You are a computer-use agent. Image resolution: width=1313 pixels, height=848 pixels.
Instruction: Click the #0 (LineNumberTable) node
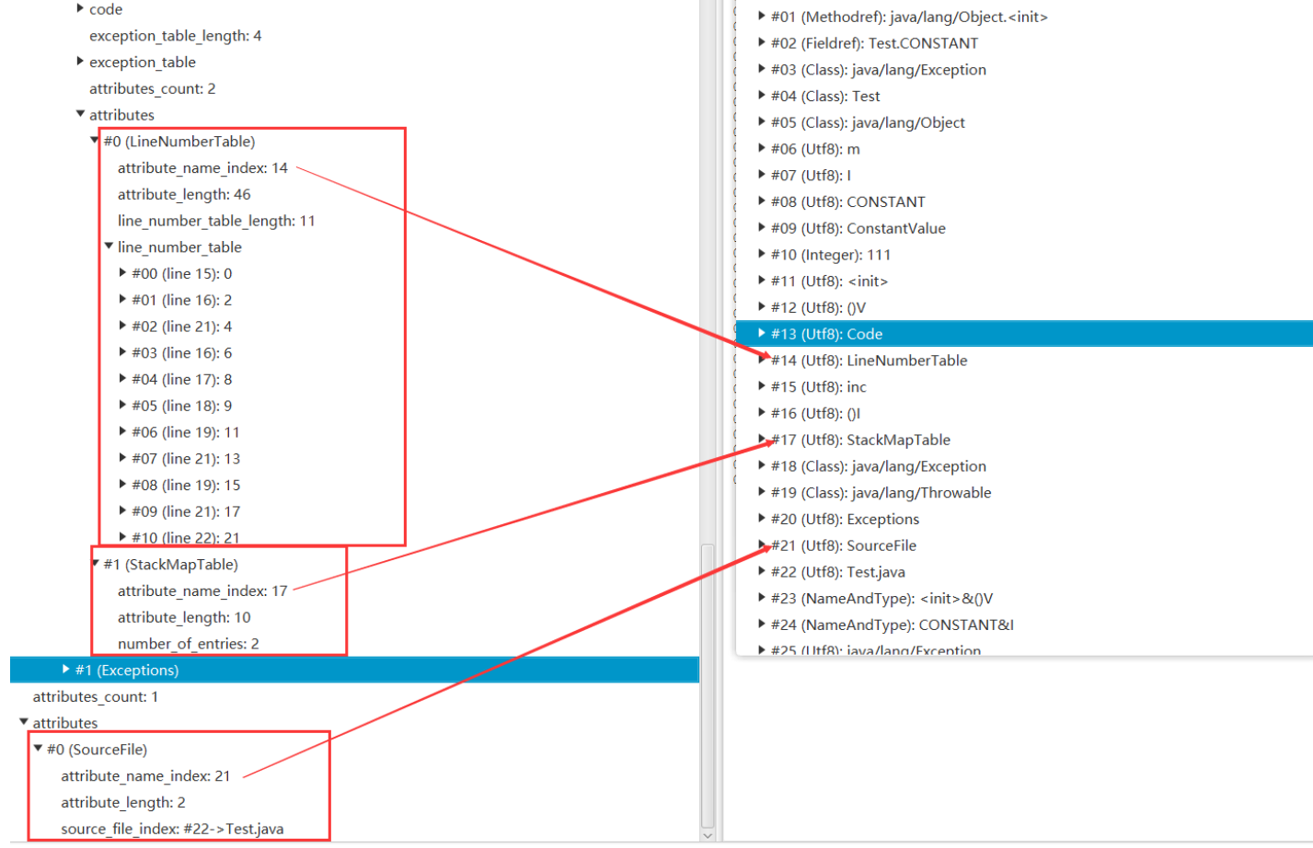(x=179, y=142)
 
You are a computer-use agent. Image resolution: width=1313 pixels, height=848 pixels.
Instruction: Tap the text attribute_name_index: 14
(x=202, y=168)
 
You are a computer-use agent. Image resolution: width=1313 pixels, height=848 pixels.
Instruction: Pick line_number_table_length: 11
(x=216, y=221)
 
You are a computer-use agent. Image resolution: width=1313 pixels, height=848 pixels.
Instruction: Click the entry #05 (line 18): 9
(x=181, y=406)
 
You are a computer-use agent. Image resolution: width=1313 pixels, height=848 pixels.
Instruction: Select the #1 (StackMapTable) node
(x=170, y=565)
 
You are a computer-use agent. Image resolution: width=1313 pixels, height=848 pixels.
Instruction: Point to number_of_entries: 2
(x=188, y=644)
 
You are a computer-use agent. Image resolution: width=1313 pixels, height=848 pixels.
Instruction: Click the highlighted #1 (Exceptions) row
(x=126, y=670)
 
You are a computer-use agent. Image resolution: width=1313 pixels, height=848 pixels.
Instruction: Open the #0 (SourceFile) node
(x=97, y=750)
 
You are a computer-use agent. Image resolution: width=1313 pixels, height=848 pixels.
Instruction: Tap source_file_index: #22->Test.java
(x=172, y=829)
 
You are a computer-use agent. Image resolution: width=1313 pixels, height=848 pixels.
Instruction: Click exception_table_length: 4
(x=175, y=36)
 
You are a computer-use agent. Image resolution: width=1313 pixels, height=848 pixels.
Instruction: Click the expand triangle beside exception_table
(x=80, y=62)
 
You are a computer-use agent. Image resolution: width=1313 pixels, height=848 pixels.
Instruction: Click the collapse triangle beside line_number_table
(x=109, y=246)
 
